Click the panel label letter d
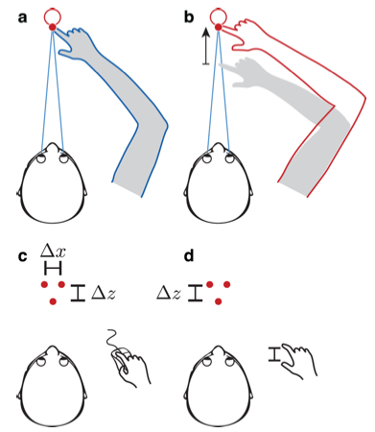(190, 254)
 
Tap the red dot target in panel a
(53, 28)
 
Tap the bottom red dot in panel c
(53, 302)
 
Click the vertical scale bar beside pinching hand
(274, 355)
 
